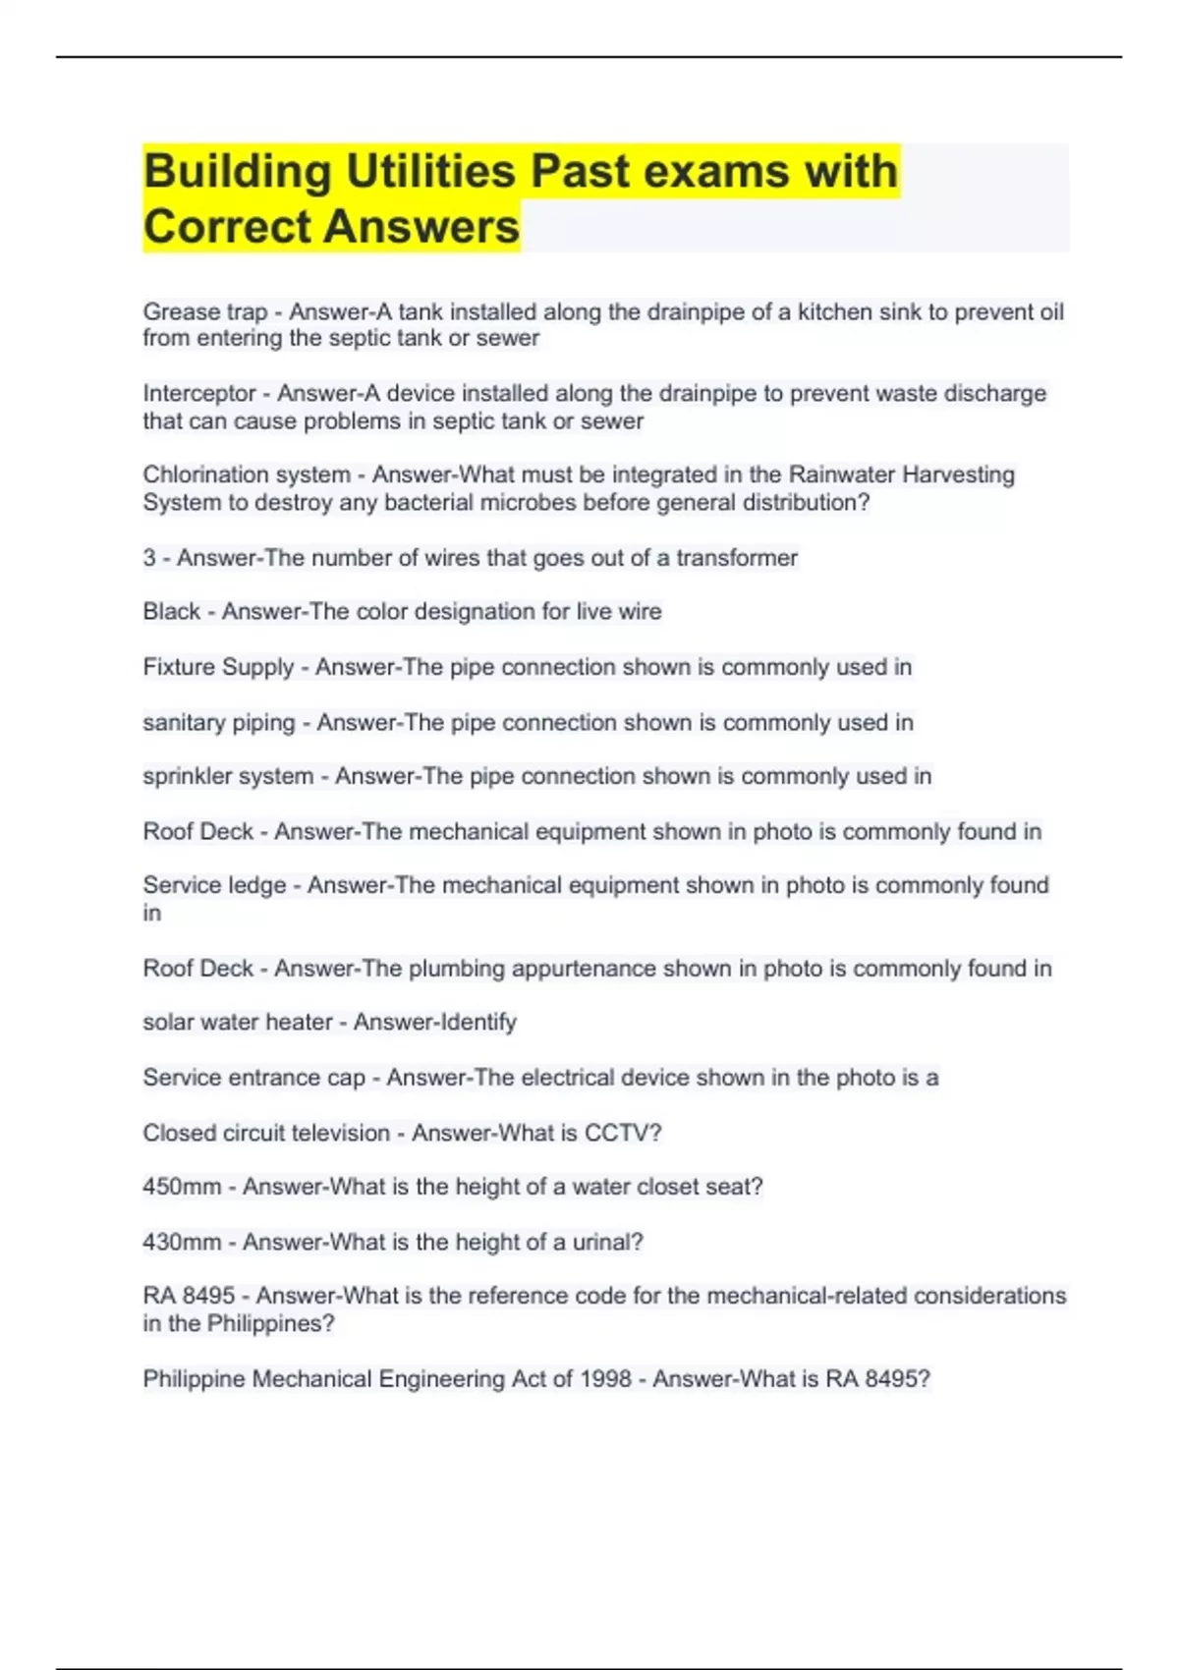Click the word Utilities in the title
(x=430, y=171)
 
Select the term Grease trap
(x=204, y=312)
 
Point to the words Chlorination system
(x=247, y=475)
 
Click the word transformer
(x=736, y=558)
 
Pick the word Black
(x=172, y=612)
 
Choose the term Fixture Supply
(x=218, y=667)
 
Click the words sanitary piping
(x=218, y=723)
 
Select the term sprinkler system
(x=228, y=776)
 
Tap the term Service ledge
(x=214, y=885)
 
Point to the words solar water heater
(x=238, y=1023)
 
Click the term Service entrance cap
(x=253, y=1078)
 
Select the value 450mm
(x=182, y=1187)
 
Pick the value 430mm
(x=182, y=1242)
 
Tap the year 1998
(x=605, y=1379)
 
